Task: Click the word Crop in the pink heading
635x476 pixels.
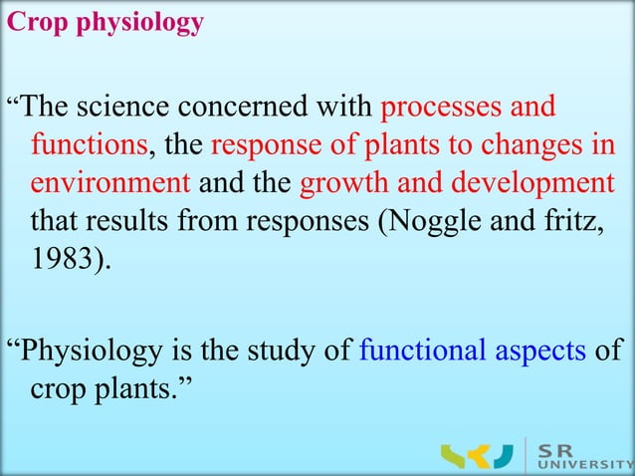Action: (29, 22)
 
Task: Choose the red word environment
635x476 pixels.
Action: (110, 184)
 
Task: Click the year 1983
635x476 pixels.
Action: (62, 259)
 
